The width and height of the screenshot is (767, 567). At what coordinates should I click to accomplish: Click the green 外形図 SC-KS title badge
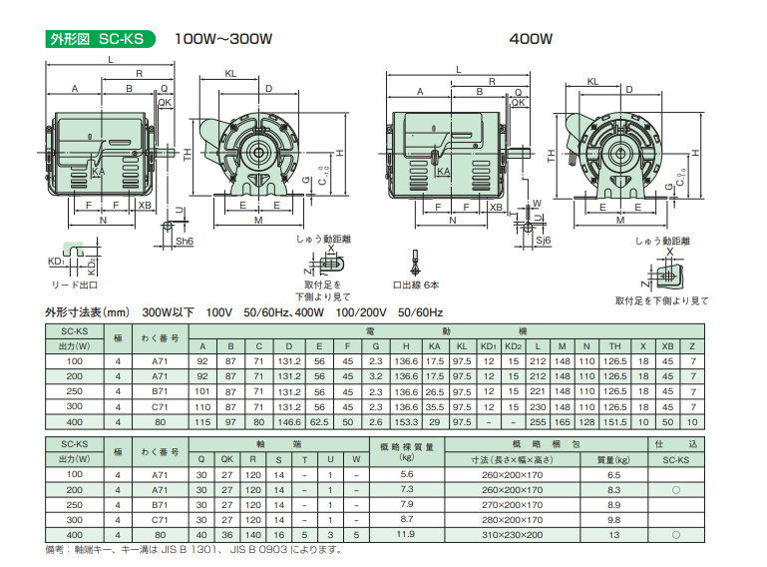[x=101, y=39]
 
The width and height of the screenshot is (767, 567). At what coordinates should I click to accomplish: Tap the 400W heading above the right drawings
[x=531, y=39]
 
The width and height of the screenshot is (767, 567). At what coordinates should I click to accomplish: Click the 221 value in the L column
[x=538, y=391]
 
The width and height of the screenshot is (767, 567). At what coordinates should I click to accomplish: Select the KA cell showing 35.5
[x=435, y=407]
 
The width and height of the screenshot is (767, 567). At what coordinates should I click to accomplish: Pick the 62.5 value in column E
[x=319, y=422]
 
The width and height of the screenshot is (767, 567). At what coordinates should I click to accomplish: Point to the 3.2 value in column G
[x=376, y=376]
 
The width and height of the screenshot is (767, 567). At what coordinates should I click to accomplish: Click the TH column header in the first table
[x=614, y=346]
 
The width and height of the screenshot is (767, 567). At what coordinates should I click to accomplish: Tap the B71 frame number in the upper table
[x=160, y=391]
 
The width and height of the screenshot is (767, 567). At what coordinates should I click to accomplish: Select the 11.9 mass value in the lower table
[x=406, y=534]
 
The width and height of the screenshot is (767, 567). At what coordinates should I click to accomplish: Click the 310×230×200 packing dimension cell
[x=512, y=535]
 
